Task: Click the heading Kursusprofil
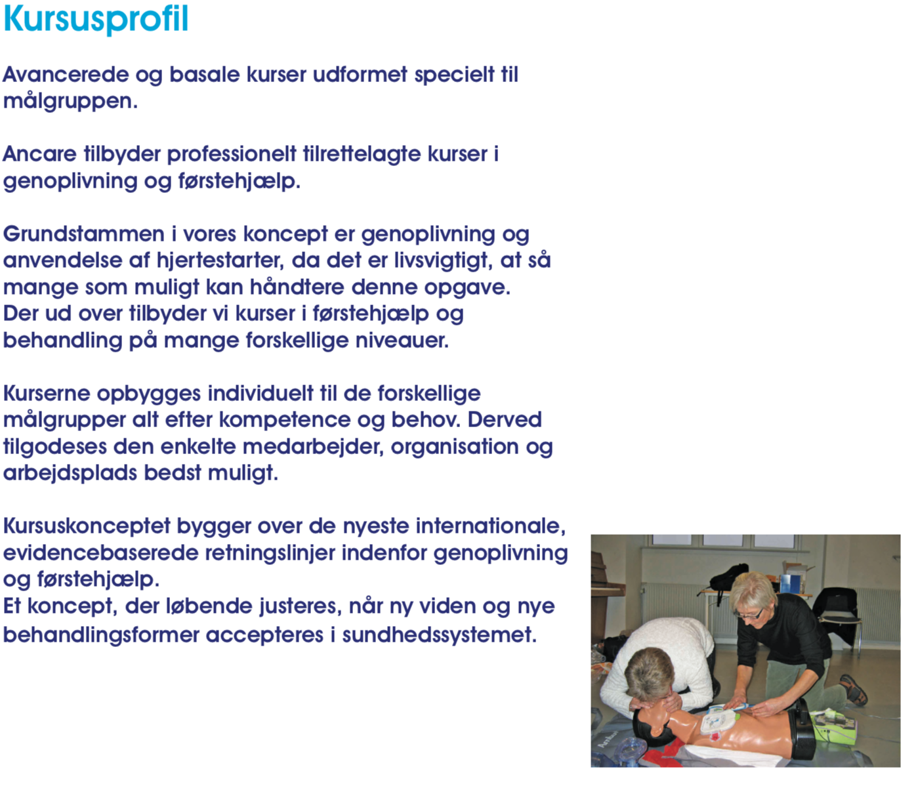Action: point(96,20)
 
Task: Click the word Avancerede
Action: point(66,74)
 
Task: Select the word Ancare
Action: point(40,154)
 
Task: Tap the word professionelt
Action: point(232,154)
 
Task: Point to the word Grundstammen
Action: point(84,234)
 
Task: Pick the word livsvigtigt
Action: point(444,261)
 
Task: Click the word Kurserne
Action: point(47,394)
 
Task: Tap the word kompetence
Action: point(285,421)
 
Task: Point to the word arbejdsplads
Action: point(70,474)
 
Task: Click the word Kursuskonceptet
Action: point(87,527)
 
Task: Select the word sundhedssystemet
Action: point(439,635)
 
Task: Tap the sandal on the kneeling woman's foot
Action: point(854,690)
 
